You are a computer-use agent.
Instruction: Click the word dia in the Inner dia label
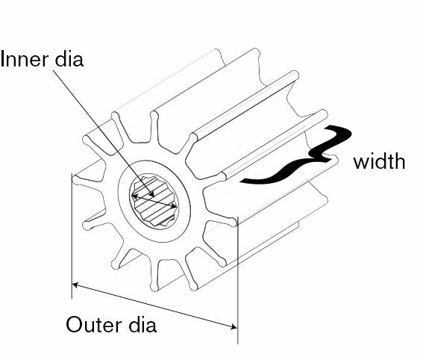coord(69,59)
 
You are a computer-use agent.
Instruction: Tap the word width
coord(379,161)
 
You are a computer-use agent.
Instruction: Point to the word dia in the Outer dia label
coord(142,325)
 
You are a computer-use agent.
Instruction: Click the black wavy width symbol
coord(295,155)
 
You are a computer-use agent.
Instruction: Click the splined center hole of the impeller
coord(154,201)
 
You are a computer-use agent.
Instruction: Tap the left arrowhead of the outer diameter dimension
coord(75,285)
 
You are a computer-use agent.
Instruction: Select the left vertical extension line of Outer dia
coord(72,236)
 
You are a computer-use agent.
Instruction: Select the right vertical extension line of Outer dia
coord(238,280)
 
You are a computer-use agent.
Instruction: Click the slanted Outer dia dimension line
coord(155,306)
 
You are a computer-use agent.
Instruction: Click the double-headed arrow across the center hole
coord(154,201)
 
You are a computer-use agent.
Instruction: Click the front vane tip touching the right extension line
coord(234,222)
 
